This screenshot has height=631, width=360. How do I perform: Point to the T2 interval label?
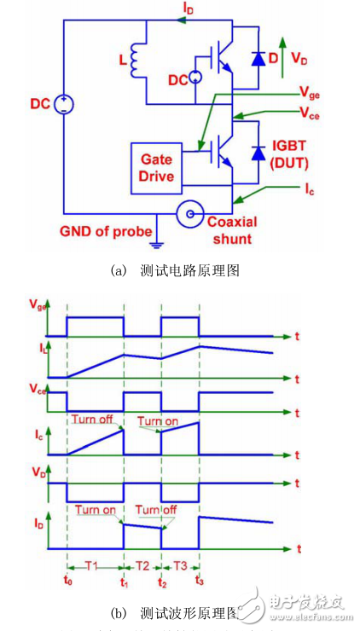[142, 564]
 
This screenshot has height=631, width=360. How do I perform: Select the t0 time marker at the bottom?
[69, 585]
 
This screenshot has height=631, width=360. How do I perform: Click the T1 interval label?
[96, 564]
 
